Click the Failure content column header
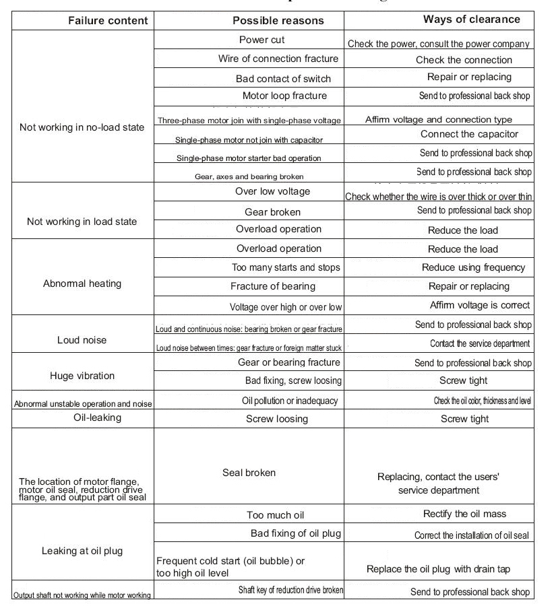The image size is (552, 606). [x=108, y=20]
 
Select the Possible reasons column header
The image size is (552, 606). [x=278, y=20]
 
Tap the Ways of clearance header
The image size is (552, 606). [x=471, y=19]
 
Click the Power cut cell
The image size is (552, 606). [x=262, y=40]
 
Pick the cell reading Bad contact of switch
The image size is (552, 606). [x=274, y=79]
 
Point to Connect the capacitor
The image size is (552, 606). [x=469, y=134]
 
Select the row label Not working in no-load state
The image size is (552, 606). [x=82, y=127]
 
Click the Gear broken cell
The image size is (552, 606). [x=272, y=212]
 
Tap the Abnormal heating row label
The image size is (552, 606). [x=82, y=283]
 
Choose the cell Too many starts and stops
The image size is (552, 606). [x=286, y=267]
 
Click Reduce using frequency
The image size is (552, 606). [x=473, y=267]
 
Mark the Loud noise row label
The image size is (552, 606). [x=82, y=340]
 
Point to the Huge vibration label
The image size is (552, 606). [x=82, y=376]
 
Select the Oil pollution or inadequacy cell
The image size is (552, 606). [x=290, y=401]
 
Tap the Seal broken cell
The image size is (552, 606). [x=249, y=473]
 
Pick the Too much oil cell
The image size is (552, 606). [x=276, y=515]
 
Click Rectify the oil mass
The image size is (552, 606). [x=464, y=514]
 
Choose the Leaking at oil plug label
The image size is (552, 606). [x=82, y=551]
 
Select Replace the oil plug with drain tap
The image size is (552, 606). [x=438, y=569]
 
